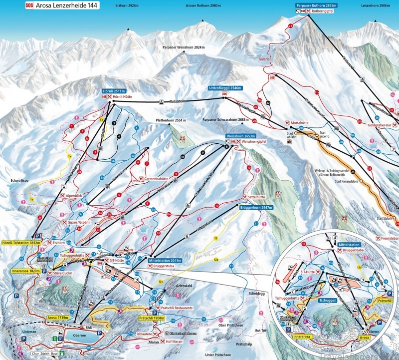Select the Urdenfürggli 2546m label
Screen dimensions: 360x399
click(x=225, y=88)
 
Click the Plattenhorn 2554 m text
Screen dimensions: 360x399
click(x=170, y=121)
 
